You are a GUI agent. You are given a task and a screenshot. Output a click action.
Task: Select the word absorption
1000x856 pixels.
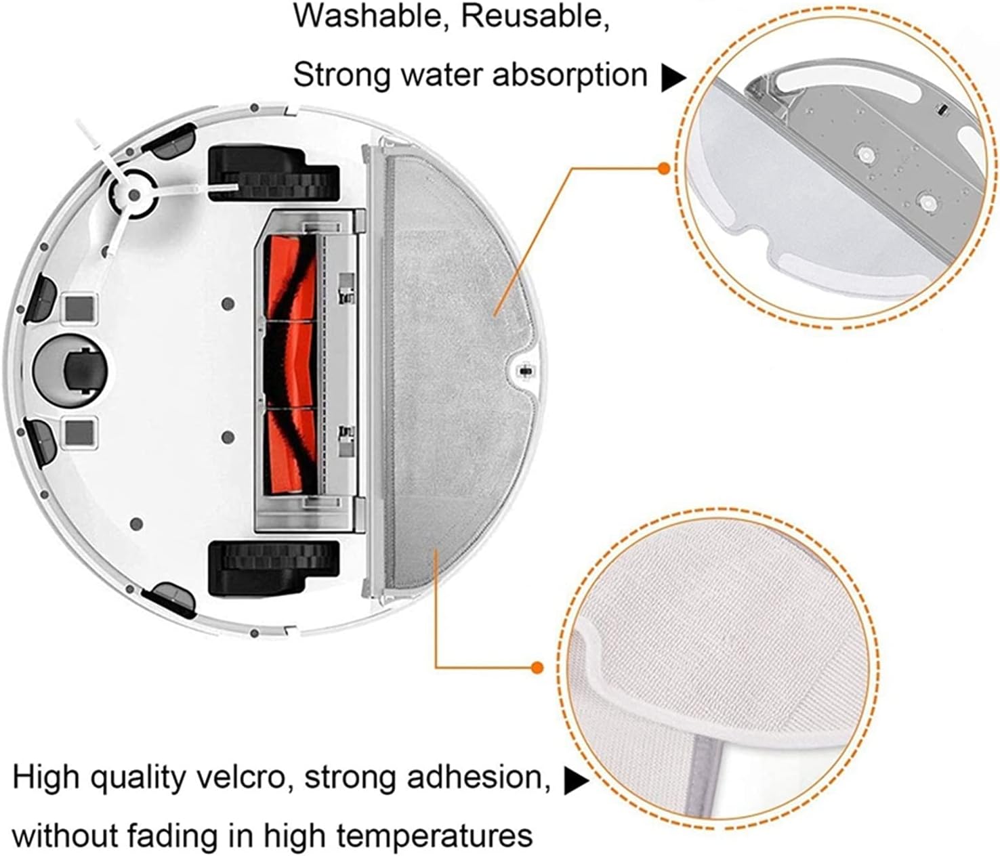coord(570,74)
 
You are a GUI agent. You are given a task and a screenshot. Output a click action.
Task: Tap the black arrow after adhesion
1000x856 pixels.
coord(577,782)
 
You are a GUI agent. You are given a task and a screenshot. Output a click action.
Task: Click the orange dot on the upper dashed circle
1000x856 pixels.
coord(665,168)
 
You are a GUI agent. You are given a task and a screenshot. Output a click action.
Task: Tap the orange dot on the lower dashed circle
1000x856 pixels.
coord(537,668)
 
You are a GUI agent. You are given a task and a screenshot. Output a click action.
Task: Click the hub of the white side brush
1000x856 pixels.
coord(132,195)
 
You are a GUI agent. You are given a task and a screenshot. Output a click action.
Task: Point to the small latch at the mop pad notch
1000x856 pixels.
coord(524,370)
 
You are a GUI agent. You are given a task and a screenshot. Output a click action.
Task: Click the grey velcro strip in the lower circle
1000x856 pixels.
coord(705,786)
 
